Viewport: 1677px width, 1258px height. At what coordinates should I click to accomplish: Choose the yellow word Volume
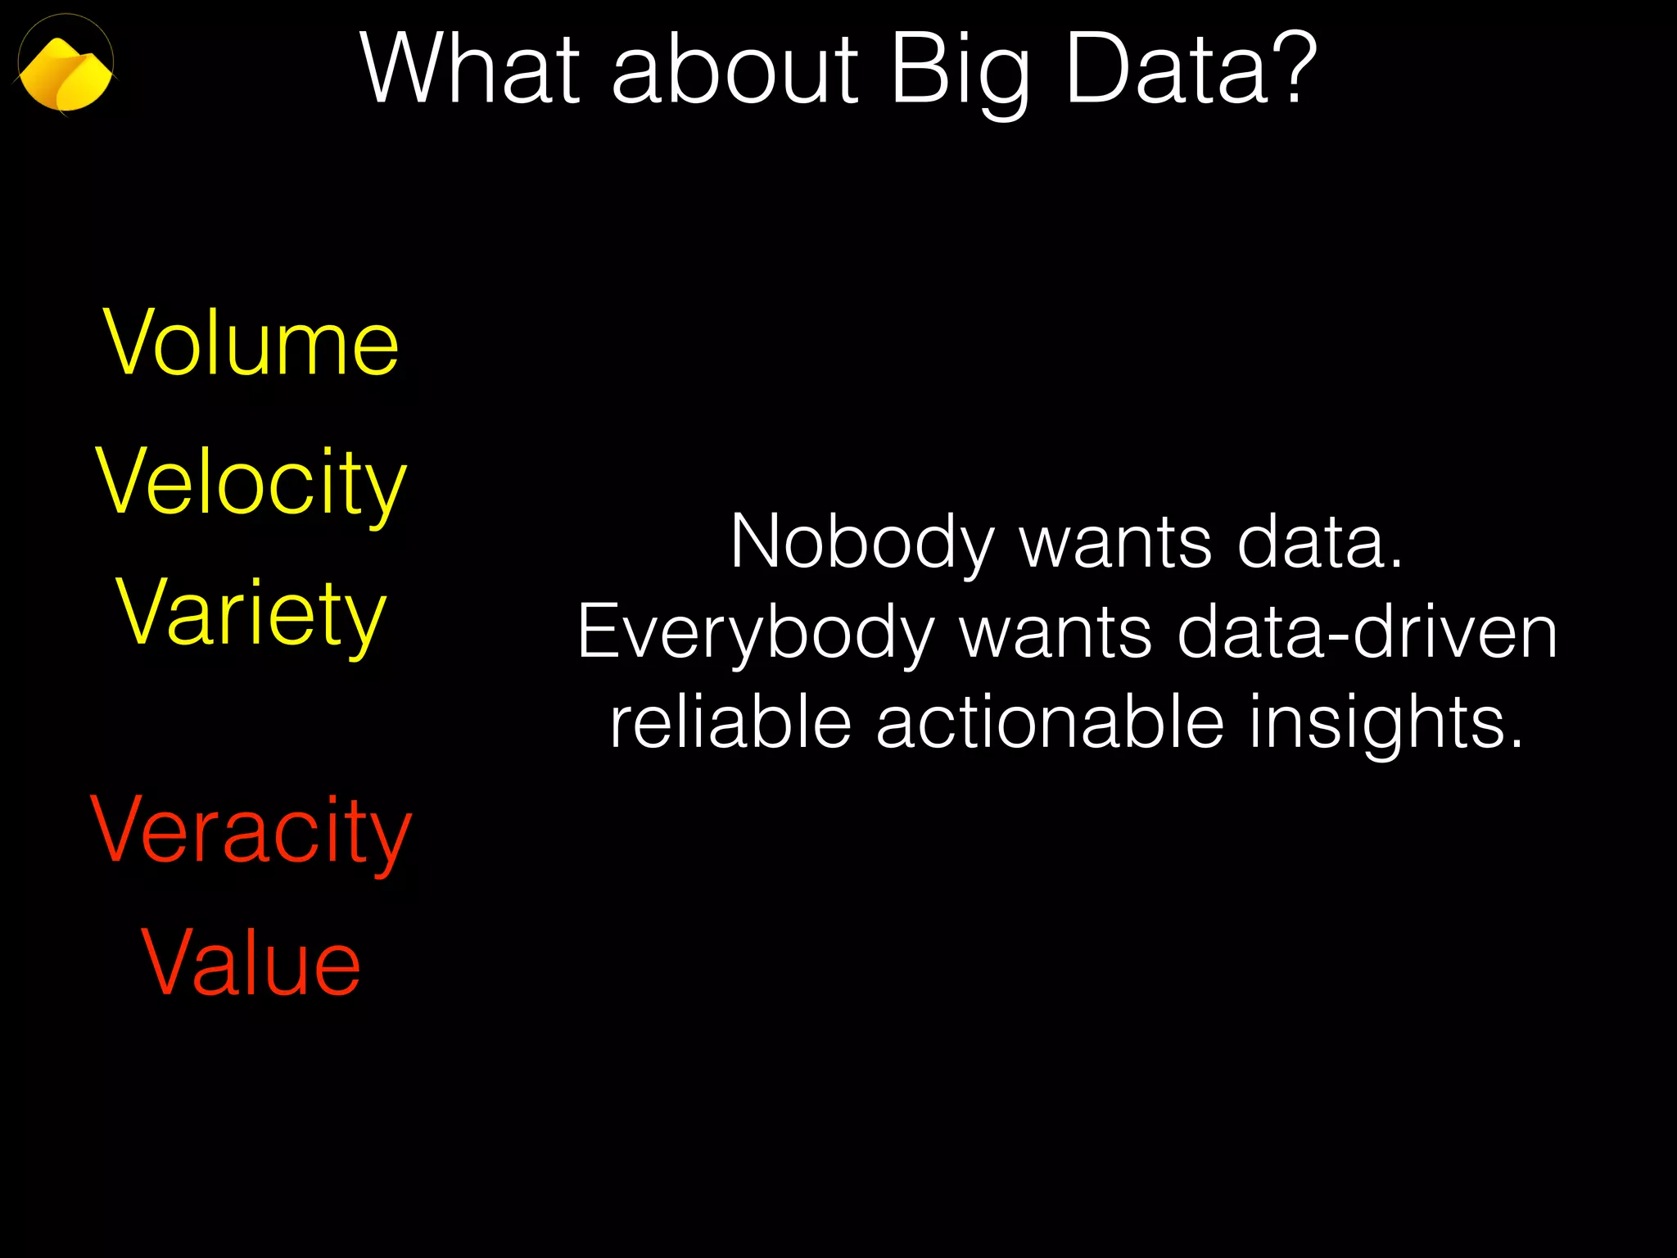[251, 343]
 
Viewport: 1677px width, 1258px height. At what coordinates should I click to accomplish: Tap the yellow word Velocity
[251, 483]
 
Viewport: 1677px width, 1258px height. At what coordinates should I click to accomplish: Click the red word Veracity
[251, 832]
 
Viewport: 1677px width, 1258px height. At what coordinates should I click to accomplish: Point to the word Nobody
[861, 543]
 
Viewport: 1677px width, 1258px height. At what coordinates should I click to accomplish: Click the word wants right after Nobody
[1115, 543]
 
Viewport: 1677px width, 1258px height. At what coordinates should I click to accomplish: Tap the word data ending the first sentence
[1319, 541]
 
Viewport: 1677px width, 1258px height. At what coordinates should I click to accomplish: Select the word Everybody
[755, 634]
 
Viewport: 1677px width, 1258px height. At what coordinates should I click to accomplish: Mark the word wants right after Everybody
[1055, 634]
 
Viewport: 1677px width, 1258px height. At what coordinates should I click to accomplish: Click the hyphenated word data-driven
[1367, 632]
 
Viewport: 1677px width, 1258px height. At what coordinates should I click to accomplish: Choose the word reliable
[730, 722]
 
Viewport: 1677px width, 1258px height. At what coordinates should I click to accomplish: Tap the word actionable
[1050, 722]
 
